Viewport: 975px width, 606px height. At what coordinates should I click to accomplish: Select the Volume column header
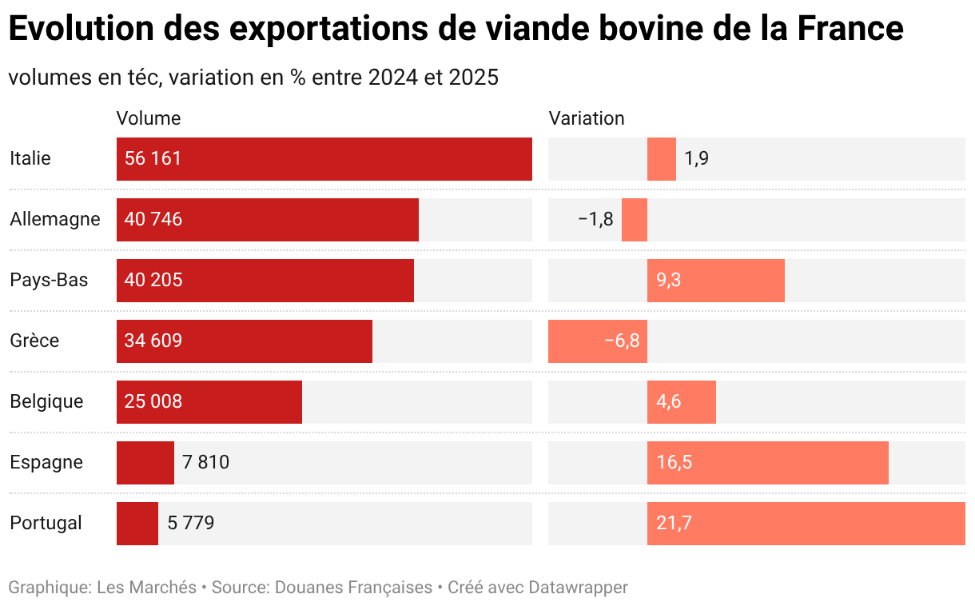coord(149,118)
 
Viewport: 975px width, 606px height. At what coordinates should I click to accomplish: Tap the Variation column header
coord(586,118)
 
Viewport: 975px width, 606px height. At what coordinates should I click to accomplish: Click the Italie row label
coord(30,158)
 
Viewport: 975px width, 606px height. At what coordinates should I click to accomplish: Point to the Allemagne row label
coord(55,219)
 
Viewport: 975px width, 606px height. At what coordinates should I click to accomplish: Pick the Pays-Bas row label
coord(49,280)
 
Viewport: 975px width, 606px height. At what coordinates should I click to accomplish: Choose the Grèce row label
coord(34,341)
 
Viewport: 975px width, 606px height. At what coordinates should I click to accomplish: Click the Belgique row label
coord(46,401)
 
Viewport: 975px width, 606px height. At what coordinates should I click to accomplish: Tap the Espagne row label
coord(46,462)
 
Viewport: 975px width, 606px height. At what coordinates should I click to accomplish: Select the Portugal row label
coord(46,523)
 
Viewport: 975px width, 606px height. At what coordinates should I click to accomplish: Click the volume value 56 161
coord(153,158)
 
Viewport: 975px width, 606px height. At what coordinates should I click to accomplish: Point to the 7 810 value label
coord(206,462)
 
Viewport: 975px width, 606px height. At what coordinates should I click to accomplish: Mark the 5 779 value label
coord(191,523)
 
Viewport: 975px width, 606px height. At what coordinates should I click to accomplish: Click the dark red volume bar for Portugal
coord(137,523)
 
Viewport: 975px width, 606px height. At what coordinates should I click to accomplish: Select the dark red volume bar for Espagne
coord(145,462)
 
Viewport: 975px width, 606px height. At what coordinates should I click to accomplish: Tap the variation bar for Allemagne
coord(635,219)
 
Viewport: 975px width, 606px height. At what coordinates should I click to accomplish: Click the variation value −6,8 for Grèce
coord(622,341)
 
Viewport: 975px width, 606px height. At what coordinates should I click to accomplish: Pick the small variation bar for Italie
coord(662,158)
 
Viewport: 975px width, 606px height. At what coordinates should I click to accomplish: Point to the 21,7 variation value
coord(674,523)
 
